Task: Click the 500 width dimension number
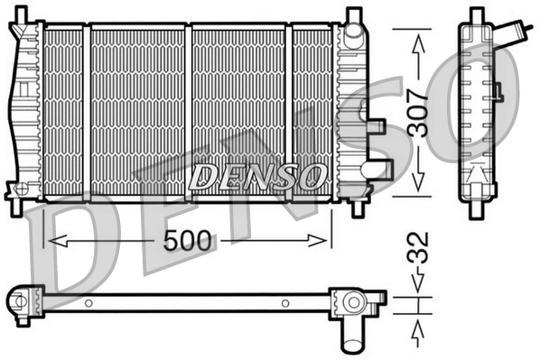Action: tap(190, 241)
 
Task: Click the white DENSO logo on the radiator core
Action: tap(258, 174)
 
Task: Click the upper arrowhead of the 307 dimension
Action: tap(418, 38)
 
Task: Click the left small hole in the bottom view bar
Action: tap(90, 302)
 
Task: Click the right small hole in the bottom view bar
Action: tap(285, 302)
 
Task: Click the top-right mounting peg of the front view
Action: tap(353, 15)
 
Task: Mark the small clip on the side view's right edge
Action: tap(496, 90)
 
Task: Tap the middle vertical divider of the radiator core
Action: tap(188, 108)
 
